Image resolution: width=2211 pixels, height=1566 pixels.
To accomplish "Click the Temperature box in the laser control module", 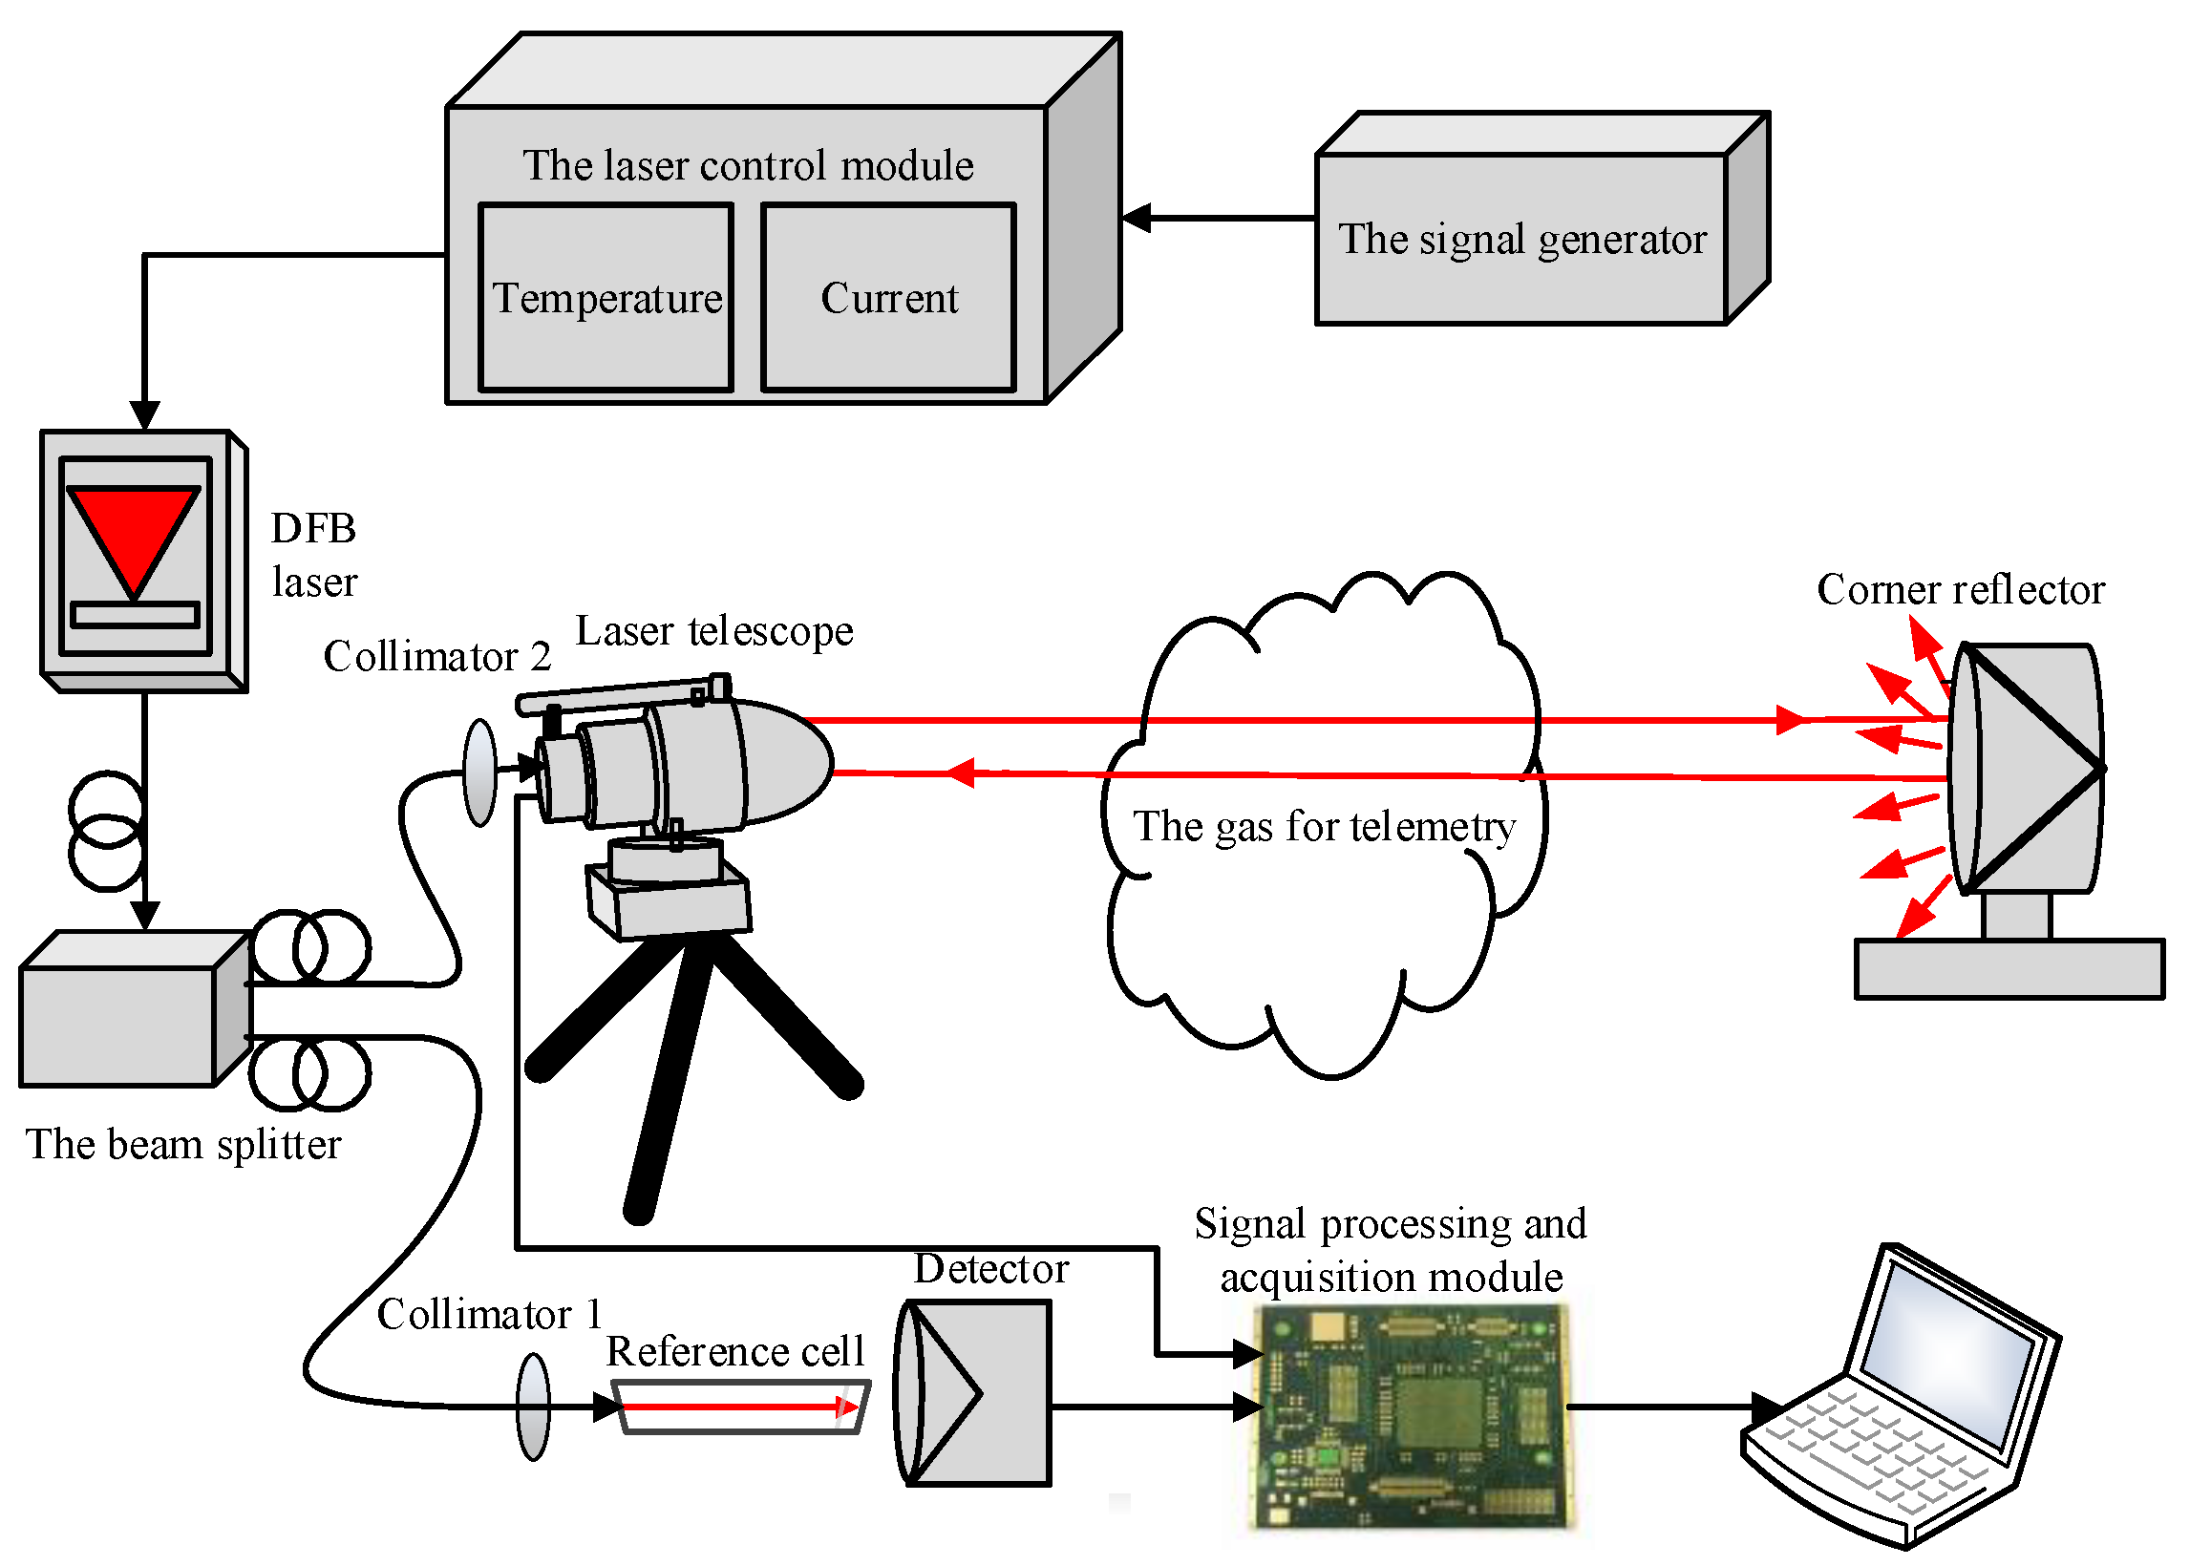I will tap(606, 297).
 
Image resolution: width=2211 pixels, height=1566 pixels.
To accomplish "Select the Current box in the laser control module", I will tap(888, 297).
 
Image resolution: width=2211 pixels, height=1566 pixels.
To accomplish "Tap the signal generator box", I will tap(1520, 238).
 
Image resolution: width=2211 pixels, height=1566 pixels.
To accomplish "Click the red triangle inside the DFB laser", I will tap(133, 536).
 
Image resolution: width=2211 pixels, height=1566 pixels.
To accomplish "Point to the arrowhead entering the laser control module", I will tap(1137, 218).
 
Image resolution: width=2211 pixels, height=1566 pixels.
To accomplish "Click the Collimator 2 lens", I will tap(479, 772).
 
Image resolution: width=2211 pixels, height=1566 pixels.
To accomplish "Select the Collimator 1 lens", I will tap(533, 1406).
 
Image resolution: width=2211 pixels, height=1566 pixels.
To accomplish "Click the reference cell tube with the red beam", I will tap(740, 1407).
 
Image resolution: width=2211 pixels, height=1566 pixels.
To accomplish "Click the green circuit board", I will tap(1410, 1414).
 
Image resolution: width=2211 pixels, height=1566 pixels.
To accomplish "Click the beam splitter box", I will tap(117, 1025).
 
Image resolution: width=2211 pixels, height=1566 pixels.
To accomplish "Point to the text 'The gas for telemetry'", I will tap(1323, 826).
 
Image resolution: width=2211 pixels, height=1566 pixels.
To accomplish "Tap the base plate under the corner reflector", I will tap(2009, 968).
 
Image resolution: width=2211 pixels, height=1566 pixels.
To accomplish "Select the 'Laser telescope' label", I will tap(713, 630).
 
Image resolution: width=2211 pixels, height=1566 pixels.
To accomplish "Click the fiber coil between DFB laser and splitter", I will tap(106, 830).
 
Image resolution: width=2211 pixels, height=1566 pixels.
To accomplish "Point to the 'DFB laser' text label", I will tap(313, 555).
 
